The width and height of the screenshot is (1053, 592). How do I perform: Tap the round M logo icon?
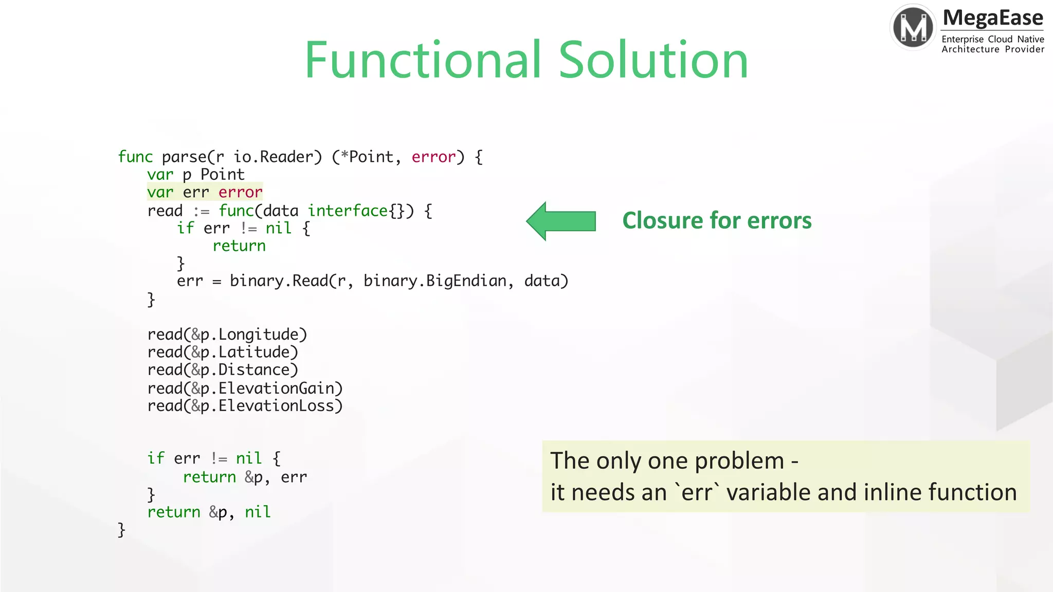tap(913, 27)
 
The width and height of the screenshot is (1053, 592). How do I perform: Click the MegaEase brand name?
tap(993, 18)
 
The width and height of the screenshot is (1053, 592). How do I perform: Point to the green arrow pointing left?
tap(561, 221)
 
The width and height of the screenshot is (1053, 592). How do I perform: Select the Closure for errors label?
tap(717, 220)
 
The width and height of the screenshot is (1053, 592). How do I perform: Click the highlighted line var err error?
tap(205, 192)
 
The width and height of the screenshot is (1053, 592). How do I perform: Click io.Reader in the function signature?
tap(278, 157)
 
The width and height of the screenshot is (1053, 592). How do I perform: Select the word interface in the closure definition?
tap(348, 211)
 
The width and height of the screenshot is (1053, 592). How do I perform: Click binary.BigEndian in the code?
tap(435, 281)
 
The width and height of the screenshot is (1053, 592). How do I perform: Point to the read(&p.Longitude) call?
tap(227, 335)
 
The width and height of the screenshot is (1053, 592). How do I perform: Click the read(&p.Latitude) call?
tap(223, 352)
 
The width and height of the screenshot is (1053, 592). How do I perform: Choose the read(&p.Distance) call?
tap(223, 370)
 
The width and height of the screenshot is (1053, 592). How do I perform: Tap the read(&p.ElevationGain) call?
tap(245, 388)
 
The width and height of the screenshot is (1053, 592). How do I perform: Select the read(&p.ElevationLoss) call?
tap(245, 406)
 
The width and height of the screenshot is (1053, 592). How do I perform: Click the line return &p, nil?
tap(209, 512)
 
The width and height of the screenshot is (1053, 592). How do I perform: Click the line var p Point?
tap(195, 175)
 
